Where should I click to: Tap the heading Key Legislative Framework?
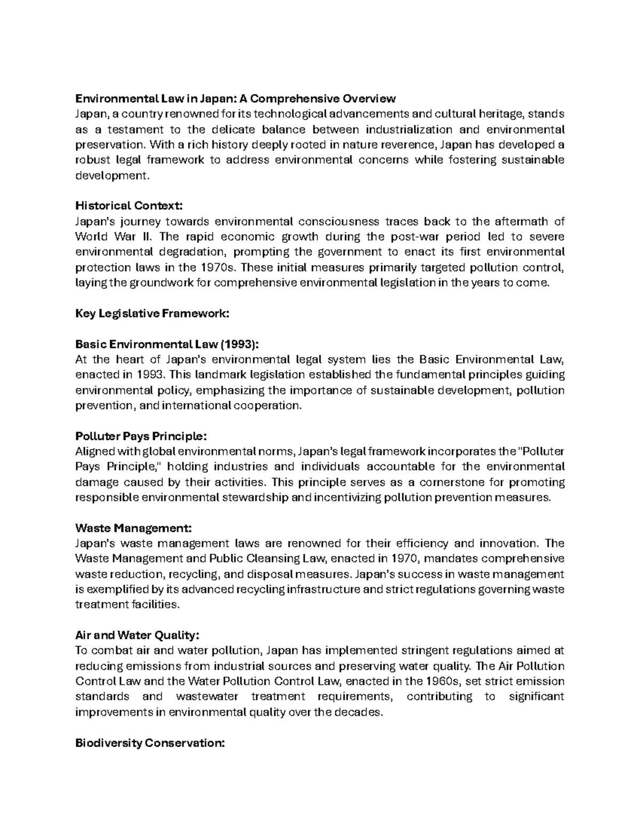point(152,313)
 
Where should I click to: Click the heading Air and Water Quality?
point(138,636)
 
